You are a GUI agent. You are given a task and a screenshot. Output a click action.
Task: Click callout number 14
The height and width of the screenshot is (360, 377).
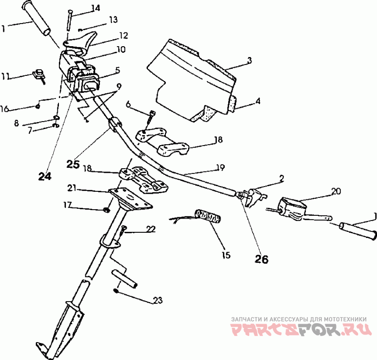[96, 8]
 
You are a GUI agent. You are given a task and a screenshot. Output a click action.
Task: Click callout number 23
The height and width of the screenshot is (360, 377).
[157, 300]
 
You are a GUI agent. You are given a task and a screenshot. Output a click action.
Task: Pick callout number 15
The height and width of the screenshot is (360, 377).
[226, 255]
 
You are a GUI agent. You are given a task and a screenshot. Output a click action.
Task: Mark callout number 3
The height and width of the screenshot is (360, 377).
[250, 60]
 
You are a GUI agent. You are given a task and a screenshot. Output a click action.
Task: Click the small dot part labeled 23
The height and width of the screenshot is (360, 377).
[116, 290]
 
